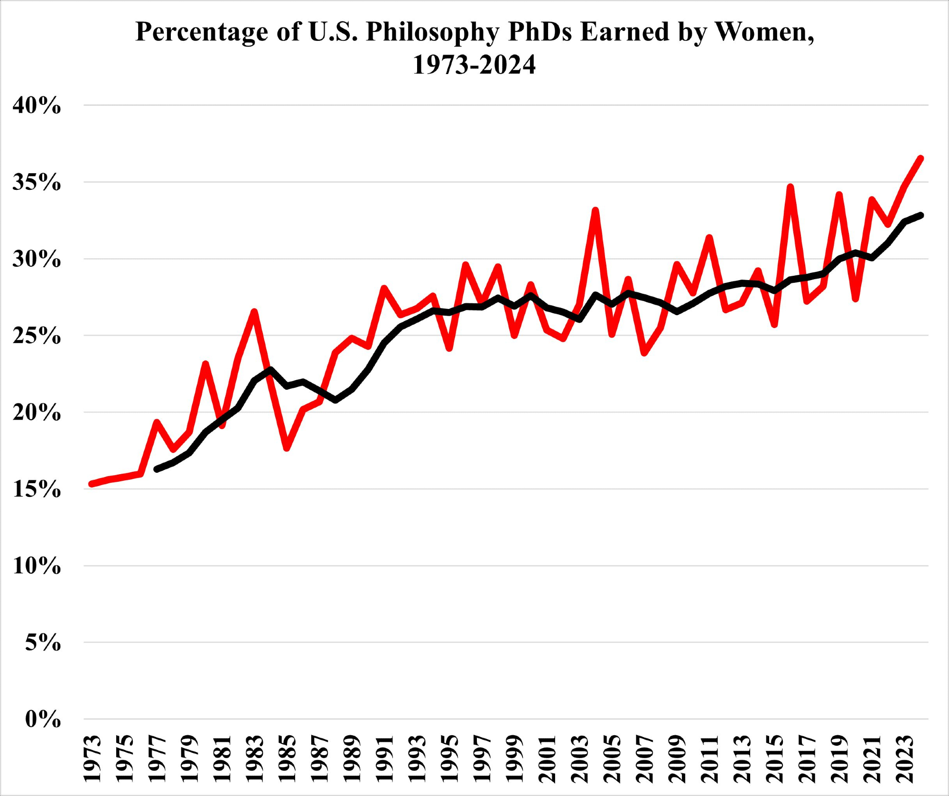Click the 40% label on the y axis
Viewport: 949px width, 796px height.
[37, 105]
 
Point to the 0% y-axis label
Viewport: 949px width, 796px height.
[43, 720]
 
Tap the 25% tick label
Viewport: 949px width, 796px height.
[37, 336]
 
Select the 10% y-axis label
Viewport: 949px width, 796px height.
[37, 566]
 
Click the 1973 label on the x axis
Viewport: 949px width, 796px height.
[92, 759]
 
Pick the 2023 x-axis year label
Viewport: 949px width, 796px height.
[905, 759]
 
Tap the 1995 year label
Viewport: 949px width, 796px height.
[449, 759]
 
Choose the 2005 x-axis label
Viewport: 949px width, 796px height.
[612, 759]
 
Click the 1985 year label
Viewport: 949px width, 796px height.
[287, 759]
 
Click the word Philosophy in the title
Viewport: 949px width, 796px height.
[432, 32]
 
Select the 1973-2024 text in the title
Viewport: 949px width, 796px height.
[474, 65]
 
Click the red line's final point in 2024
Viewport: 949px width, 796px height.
[921, 158]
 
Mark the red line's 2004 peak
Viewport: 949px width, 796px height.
[595, 210]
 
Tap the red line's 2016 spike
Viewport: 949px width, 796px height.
[791, 187]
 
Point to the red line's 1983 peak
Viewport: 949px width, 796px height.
[254, 311]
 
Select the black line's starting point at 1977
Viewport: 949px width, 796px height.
[157, 469]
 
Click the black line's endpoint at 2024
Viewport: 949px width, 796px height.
[921, 215]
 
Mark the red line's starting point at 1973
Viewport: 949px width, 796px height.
[92, 484]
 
